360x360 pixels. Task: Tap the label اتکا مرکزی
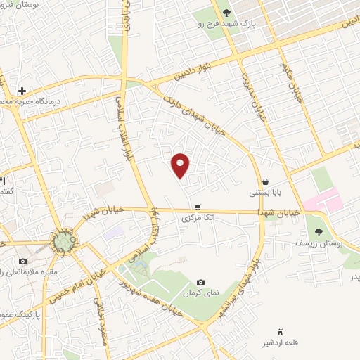(198, 219)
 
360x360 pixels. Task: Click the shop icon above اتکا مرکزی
(198, 207)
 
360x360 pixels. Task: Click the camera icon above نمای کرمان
(201, 282)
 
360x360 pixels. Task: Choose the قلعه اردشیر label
(281, 343)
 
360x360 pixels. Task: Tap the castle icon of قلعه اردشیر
(281, 331)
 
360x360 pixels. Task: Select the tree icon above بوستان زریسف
(319, 231)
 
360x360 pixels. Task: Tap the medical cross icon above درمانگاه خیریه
(22, 91)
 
